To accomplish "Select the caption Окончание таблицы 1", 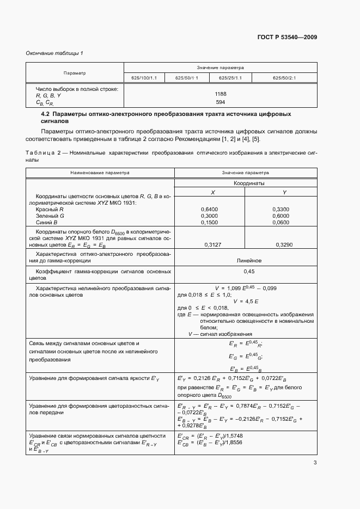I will pos(53,53).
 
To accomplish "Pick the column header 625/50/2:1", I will pos(284,78).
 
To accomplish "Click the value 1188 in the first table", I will pos(220,94).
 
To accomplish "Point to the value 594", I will pos(220,102).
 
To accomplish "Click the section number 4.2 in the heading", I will pos(45,114).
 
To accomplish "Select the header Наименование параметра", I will pos(100,172).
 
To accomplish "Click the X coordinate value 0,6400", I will pos(209,208).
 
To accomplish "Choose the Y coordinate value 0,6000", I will pos(280,216).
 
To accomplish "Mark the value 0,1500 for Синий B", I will pos(209,222).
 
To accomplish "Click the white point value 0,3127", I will pos(209,245).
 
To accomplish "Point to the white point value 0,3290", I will pos(280,245).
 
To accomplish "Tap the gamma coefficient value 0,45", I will pos(246,271).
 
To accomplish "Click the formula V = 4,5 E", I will pos(245,301).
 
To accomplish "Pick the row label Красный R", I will pos(50,209).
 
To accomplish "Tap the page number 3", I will pos(315,463).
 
